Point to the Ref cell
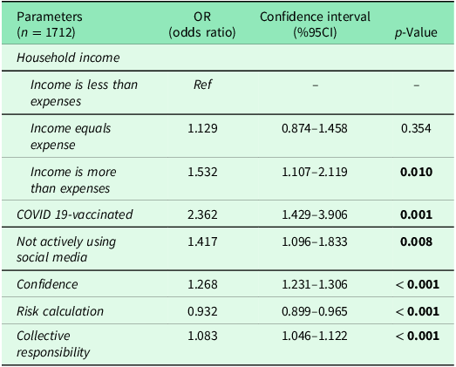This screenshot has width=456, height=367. click(x=202, y=85)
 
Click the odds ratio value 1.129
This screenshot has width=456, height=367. click(x=202, y=128)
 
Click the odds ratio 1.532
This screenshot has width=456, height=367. click(x=202, y=172)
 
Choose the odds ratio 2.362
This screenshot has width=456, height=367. click(x=202, y=214)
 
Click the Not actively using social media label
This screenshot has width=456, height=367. click(x=66, y=248)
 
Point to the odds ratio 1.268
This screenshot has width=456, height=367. click(x=202, y=284)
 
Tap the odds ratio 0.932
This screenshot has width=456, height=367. click(x=202, y=310)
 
